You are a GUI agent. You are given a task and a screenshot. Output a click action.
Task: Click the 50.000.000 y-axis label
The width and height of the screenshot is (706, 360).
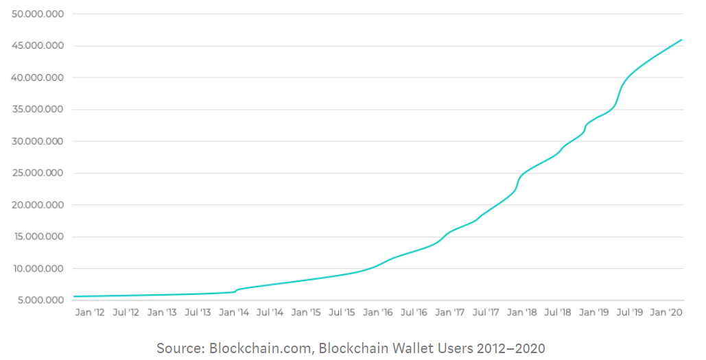[38, 14]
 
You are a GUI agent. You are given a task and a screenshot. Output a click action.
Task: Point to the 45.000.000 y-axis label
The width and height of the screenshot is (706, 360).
[38, 45]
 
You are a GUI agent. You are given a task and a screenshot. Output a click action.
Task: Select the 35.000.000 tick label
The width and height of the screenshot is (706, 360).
[38, 109]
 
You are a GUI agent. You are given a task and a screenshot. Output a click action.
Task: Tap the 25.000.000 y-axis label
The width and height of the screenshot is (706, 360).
[38, 173]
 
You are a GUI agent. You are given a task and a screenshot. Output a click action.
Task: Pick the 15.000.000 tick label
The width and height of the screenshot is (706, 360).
[38, 237]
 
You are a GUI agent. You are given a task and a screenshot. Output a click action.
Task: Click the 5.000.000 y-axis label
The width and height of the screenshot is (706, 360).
[40, 300]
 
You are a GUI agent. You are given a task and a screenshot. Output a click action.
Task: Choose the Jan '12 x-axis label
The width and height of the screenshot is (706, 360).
[90, 312]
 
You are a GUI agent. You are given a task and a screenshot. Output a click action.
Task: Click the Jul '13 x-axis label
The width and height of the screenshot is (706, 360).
[198, 312]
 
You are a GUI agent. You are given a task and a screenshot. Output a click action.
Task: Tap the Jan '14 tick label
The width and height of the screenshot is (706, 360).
[234, 312]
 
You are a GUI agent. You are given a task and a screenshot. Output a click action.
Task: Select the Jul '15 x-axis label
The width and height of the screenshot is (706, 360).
[342, 312]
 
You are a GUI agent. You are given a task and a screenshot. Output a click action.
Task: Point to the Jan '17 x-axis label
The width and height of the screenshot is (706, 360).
[450, 312]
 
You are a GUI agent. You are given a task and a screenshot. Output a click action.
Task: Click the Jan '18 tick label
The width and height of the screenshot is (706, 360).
[522, 312]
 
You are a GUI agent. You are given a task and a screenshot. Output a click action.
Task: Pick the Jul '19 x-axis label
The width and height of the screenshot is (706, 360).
[629, 312]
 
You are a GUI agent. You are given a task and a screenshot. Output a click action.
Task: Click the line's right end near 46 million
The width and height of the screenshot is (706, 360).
[681, 40]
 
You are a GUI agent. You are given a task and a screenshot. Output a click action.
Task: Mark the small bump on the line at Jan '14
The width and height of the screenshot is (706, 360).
[237, 290]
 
